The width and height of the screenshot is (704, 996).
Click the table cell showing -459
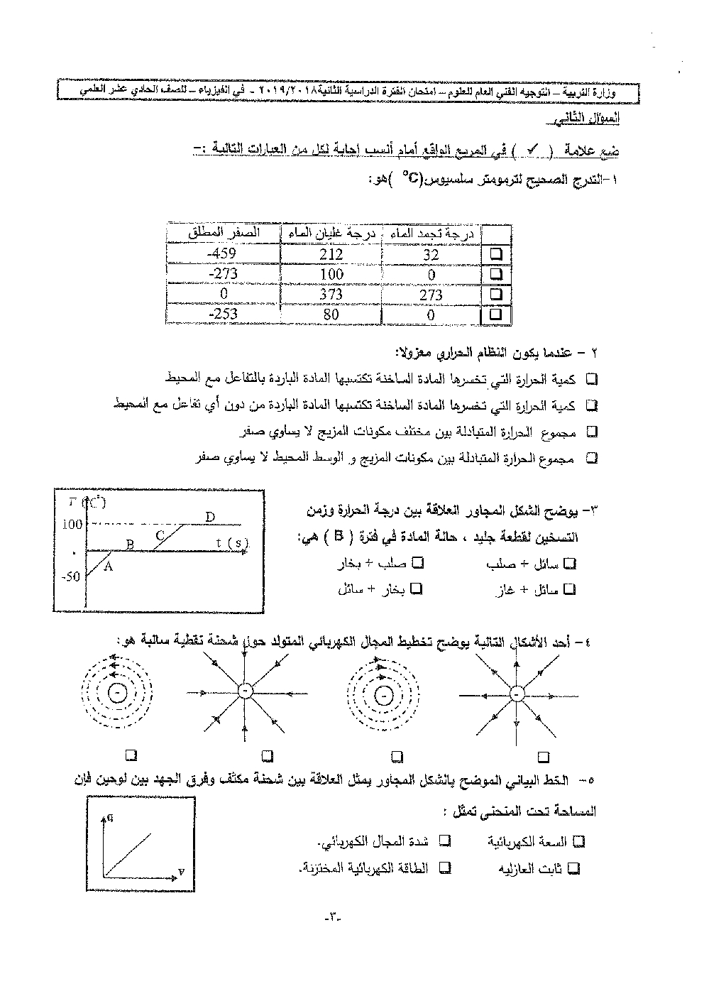(x=223, y=253)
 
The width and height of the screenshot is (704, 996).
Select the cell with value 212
(x=331, y=253)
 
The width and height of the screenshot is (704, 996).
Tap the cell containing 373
(x=331, y=294)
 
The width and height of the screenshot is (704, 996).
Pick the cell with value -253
(x=223, y=314)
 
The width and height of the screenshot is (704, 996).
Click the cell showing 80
(x=331, y=314)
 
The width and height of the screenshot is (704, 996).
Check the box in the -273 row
(x=496, y=273)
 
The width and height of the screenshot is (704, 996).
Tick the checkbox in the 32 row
(x=496, y=253)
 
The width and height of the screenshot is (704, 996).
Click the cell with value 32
(x=431, y=253)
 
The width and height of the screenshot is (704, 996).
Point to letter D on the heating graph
(x=210, y=517)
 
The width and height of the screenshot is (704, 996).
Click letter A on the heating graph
(x=109, y=566)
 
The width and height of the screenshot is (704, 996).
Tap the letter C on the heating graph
(x=160, y=535)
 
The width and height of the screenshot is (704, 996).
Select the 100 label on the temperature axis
(x=72, y=525)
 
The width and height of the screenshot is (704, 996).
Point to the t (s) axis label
(x=232, y=544)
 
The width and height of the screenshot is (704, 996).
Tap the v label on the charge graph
(x=180, y=870)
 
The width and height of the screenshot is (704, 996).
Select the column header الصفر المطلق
(x=223, y=233)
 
